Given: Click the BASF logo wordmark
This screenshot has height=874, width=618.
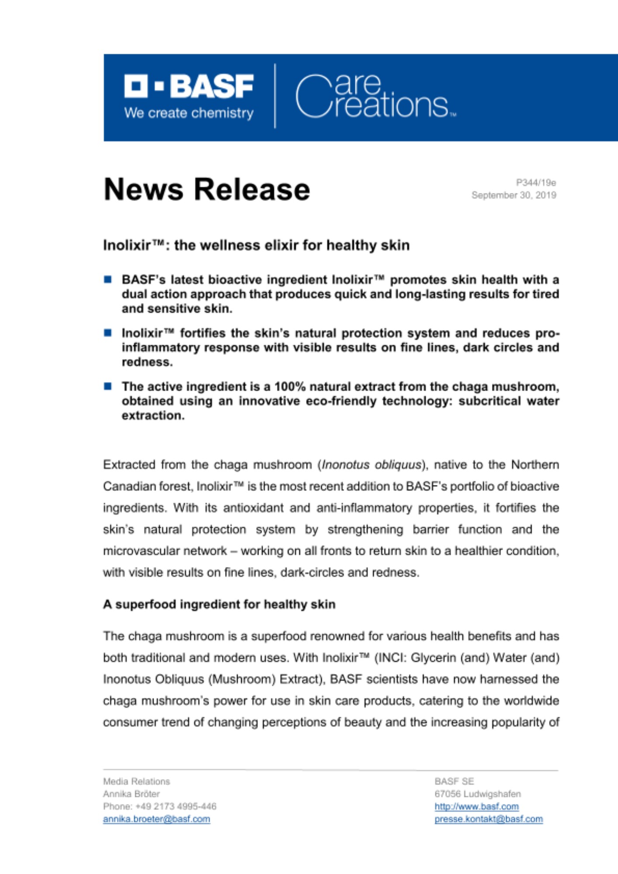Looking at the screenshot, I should coord(189,86).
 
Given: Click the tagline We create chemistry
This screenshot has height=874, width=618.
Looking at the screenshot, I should coord(189,113).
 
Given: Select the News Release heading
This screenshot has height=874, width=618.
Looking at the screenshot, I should coord(207,190).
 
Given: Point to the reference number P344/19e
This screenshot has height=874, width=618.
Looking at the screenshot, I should coord(536,183).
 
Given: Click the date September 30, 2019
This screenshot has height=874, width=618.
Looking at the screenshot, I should coord(514,195).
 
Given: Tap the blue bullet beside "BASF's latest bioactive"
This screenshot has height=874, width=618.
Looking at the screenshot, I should coord(108,280).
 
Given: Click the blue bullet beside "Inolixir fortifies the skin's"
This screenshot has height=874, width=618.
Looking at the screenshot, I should coord(108,333).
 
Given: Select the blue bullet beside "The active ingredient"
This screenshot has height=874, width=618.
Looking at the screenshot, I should coord(108,386).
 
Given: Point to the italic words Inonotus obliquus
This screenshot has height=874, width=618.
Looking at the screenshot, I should coord(371,465).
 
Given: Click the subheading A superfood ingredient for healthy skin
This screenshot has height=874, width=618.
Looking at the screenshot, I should coord(219,604).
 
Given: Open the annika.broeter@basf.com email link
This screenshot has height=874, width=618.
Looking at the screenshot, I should coord(156,819).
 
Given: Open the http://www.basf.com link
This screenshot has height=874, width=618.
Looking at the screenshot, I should coord(476,807).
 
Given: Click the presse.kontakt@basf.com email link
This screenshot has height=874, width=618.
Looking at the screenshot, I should coord(489,819).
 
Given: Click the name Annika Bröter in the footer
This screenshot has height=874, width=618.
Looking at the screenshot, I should coord(132,794).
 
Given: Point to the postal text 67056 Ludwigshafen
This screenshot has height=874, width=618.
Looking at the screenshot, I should coord(478,794).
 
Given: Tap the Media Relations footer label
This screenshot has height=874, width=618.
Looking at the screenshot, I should coord(136,781).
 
